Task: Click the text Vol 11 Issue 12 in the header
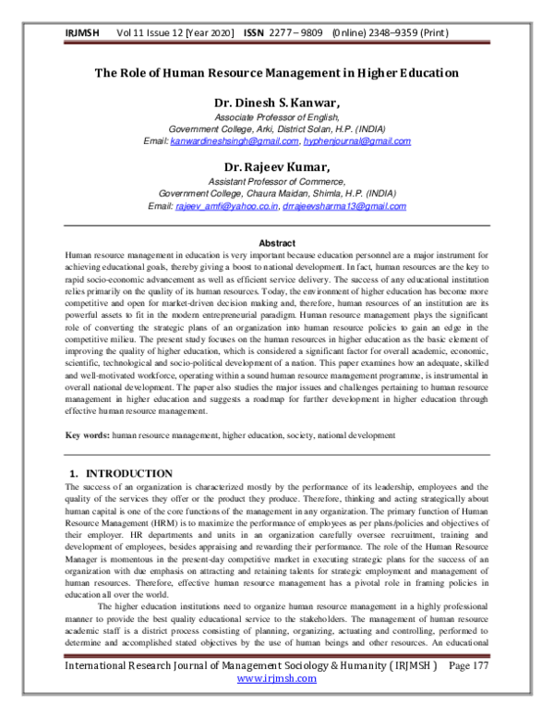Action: pos(153,32)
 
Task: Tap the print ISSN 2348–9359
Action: pos(417,32)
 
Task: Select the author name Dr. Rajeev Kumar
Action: pos(277,166)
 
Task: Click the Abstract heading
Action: pos(277,243)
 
